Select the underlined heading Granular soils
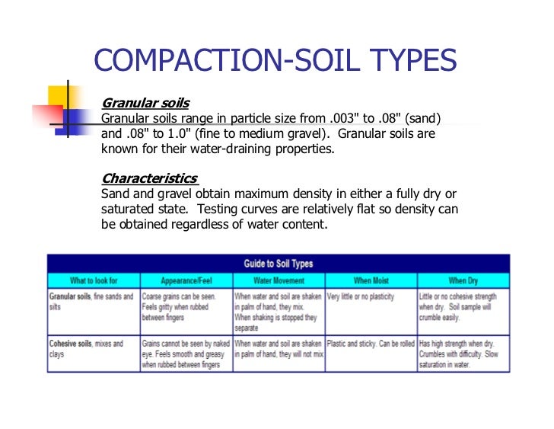coord(145,103)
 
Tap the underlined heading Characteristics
coord(149,178)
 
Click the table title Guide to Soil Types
coord(279,264)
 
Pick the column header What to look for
coord(94,280)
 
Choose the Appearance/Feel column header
coord(186,280)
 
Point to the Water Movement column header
coord(278,280)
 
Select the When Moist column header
coord(371,280)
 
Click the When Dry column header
coord(463,280)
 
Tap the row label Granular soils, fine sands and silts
coord(91,301)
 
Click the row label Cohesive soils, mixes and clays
coord(87,349)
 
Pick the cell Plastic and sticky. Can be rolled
coord(370,344)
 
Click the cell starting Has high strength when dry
coord(462,354)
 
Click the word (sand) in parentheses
coord(425,118)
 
